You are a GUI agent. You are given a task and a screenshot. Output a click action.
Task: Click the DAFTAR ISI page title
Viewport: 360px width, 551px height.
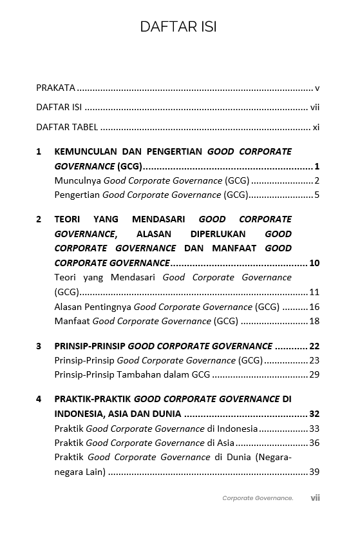coord(178,26)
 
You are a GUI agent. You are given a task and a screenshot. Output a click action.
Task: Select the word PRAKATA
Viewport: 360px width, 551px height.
coord(55,88)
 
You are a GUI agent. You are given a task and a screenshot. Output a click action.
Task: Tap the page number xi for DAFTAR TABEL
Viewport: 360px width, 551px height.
coord(316,127)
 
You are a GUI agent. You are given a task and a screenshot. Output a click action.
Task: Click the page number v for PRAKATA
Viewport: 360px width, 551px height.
coord(317,88)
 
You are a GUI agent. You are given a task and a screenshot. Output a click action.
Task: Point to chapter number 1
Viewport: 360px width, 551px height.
coord(39,152)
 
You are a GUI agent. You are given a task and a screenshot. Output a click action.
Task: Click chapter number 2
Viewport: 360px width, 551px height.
coord(39,219)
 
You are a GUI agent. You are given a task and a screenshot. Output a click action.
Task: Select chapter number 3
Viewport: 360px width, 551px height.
coord(39,346)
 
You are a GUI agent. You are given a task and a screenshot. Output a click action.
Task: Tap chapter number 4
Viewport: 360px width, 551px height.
coord(39,399)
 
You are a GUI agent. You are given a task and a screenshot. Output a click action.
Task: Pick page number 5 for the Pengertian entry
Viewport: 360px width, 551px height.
coord(317,195)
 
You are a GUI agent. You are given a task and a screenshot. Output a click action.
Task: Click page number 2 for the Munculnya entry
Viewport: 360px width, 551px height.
coord(317,180)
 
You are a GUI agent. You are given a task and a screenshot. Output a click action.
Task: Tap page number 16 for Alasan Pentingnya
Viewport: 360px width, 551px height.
coord(314,307)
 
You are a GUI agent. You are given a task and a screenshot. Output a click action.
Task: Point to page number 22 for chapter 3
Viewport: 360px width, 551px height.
coord(314,346)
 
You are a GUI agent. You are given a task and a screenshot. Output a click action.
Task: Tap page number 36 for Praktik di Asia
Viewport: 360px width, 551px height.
coord(314,443)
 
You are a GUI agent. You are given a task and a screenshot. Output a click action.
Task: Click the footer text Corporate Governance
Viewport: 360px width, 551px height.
coord(258,498)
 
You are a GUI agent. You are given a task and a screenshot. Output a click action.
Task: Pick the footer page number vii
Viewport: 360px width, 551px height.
coord(315,498)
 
